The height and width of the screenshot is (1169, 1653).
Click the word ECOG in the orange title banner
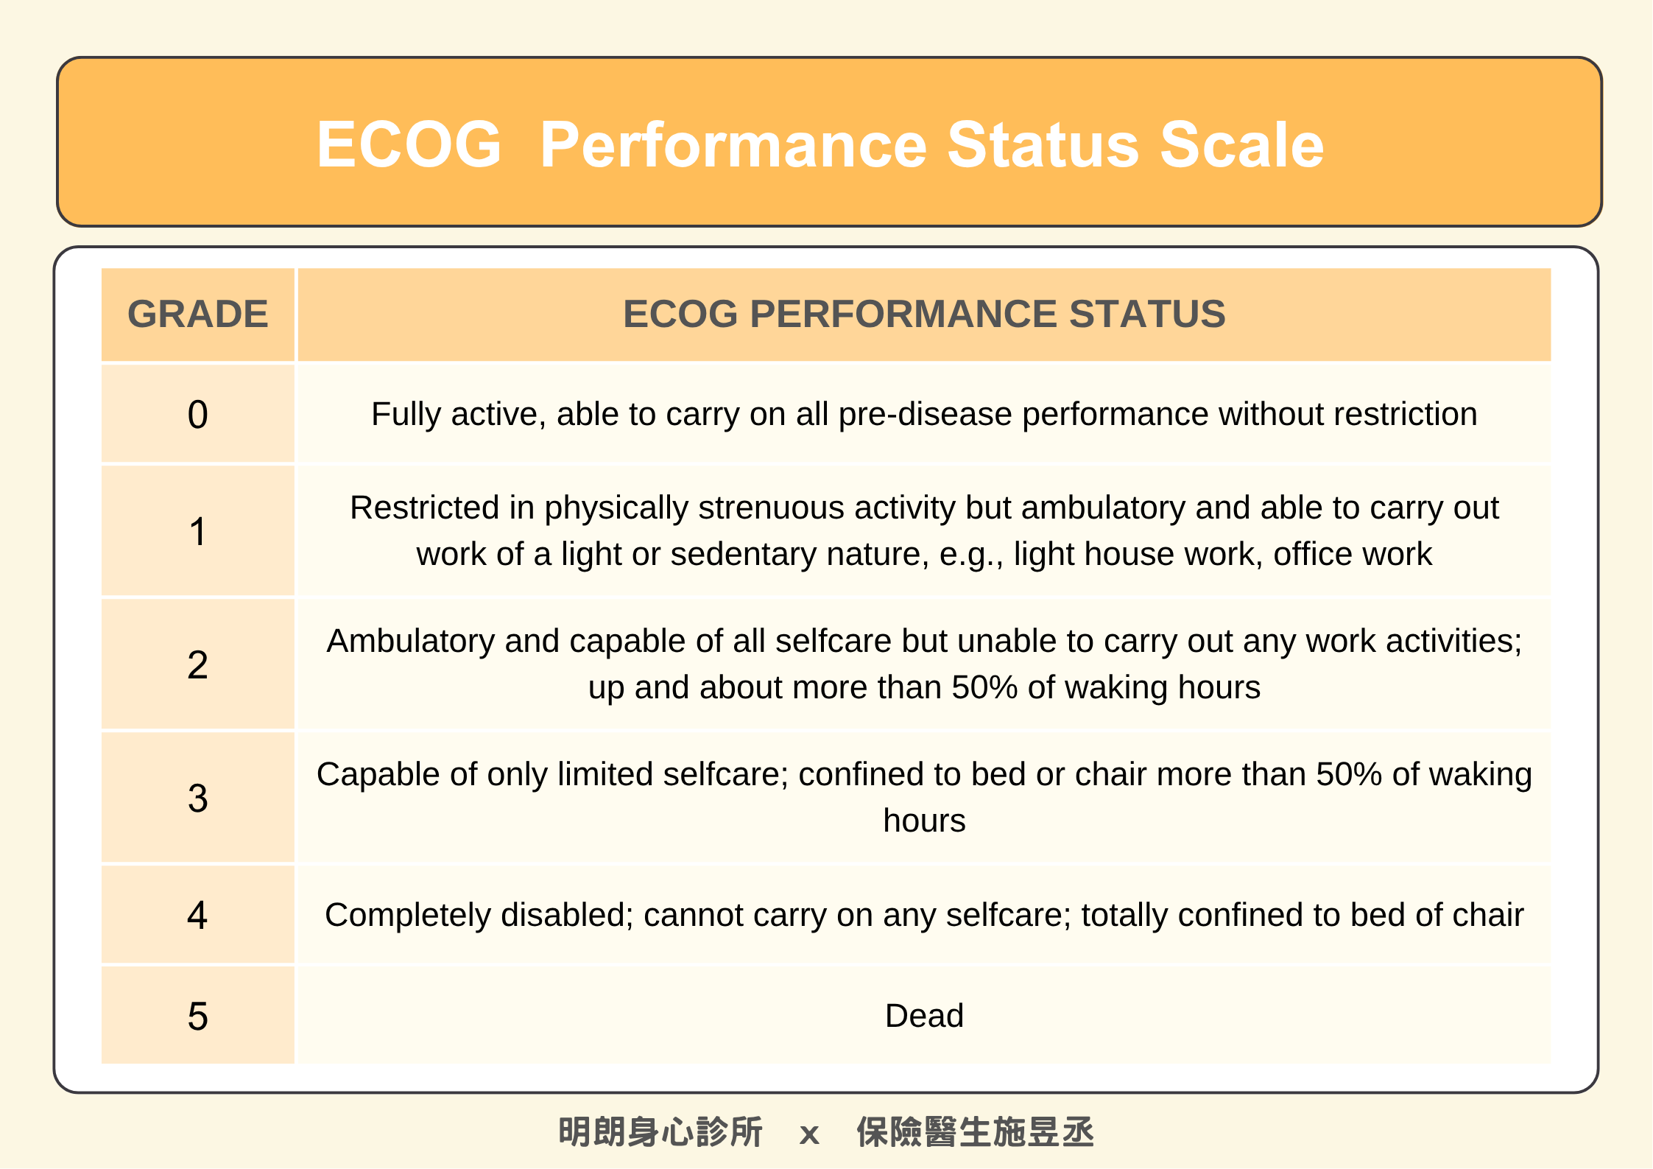(x=409, y=144)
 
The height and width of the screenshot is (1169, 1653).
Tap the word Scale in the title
(x=1242, y=144)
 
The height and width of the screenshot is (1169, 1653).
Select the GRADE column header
(x=198, y=315)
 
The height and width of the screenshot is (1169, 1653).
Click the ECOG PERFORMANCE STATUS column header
(x=924, y=315)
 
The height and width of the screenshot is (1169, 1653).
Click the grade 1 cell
(x=198, y=531)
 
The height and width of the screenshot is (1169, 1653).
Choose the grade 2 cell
(x=198, y=664)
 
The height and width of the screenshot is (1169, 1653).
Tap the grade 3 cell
(x=198, y=798)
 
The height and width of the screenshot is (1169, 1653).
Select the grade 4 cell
(x=198, y=915)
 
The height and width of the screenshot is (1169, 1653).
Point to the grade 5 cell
(x=198, y=1016)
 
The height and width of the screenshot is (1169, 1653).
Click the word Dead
(x=924, y=1016)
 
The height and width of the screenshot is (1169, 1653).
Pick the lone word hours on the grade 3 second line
(x=924, y=821)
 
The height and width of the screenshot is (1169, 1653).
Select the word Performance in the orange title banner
(x=733, y=144)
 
